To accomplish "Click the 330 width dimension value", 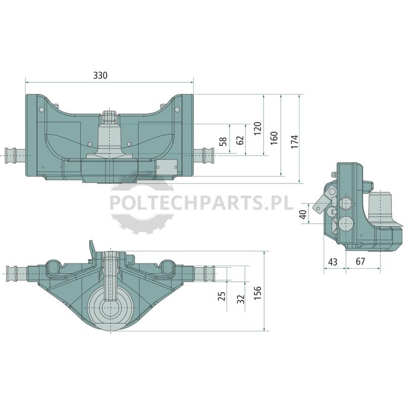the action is pyautogui.click(x=100, y=75).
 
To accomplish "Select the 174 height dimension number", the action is pyautogui.click(x=294, y=141).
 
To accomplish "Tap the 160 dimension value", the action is pyautogui.click(x=274, y=138).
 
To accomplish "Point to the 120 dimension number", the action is pyautogui.click(x=258, y=128).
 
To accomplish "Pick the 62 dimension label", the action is pyautogui.click(x=240, y=140).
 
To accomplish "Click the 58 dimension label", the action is pyautogui.click(x=223, y=141).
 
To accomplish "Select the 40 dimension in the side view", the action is pyautogui.click(x=303, y=214).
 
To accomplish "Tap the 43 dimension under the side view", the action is pyautogui.click(x=333, y=262).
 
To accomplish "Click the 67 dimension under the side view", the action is pyautogui.click(x=361, y=261).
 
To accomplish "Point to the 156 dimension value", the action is pyautogui.click(x=258, y=292).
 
